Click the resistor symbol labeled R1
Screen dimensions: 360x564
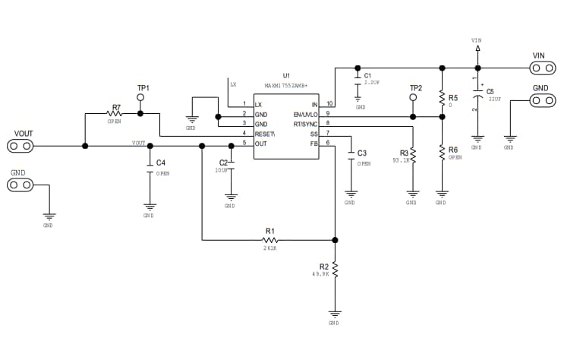click(x=269, y=239)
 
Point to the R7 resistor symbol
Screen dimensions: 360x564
click(x=115, y=114)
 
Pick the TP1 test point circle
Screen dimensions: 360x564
click(x=141, y=98)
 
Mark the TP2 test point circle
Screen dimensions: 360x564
click(x=414, y=98)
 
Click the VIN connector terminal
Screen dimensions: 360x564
click(x=539, y=68)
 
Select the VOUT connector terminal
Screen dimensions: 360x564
click(x=20, y=145)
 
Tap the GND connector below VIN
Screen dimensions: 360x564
click(x=539, y=100)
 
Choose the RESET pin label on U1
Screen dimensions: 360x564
click(x=264, y=134)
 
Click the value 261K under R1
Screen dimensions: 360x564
click(x=269, y=248)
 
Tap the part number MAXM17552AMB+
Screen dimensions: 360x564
click(x=286, y=86)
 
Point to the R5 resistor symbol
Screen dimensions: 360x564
click(x=441, y=98)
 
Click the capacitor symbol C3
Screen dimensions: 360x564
click(x=351, y=154)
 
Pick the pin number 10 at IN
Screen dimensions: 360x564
click(x=329, y=103)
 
